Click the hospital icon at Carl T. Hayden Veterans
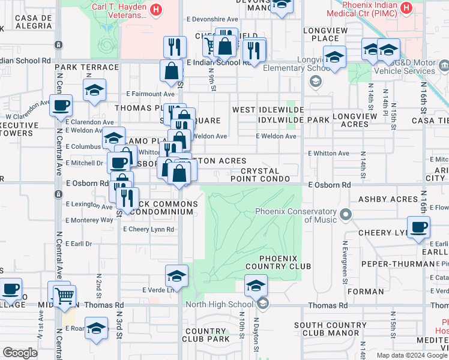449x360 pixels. (156, 9)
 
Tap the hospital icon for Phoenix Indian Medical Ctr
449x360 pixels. (406, 9)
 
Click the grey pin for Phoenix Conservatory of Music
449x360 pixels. (346, 214)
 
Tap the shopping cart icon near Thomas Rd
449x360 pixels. (64, 295)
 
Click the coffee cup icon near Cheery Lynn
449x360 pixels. (418, 227)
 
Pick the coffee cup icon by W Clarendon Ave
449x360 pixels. (61, 106)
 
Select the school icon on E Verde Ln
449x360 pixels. (176, 277)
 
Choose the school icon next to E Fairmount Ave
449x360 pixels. (94, 91)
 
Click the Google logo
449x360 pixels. (20, 353)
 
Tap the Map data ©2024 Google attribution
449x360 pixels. (412, 355)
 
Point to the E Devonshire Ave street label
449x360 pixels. (212, 19)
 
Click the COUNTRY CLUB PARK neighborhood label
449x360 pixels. (206, 335)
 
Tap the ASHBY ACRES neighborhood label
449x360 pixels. (388, 199)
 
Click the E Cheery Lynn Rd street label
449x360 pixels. (148, 229)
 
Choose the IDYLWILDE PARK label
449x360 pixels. (294, 120)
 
